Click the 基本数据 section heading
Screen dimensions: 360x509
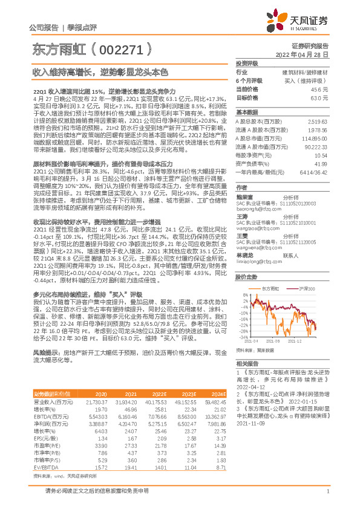pyautogui.click(x=246, y=112)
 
